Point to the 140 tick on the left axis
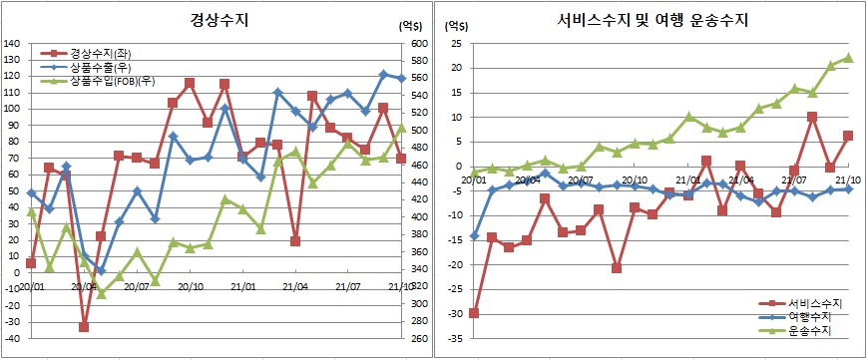[12, 44]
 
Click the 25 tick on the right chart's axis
[454, 44]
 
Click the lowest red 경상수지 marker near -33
[84, 327]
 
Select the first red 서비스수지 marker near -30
[473, 313]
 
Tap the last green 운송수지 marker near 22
[848, 58]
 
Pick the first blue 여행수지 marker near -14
[473, 235]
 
